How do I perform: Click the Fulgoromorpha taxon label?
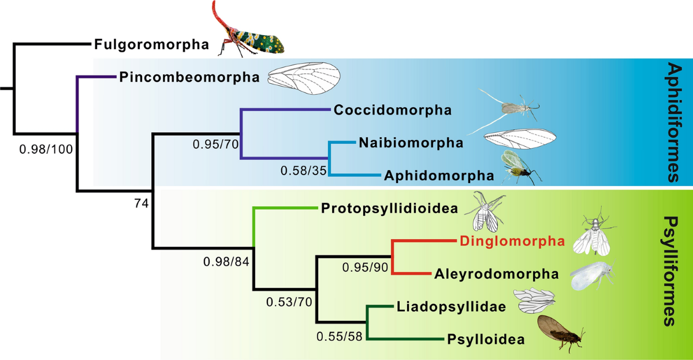(x=151, y=44)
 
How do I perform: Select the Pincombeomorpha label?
(x=189, y=77)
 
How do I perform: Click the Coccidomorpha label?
(x=392, y=110)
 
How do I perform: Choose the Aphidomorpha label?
(x=438, y=175)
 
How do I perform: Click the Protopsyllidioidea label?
(x=390, y=208)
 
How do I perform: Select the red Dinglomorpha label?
(x=511, y=241)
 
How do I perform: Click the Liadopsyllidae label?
(x=451, y=307)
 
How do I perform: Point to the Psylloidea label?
(x=486, y=339)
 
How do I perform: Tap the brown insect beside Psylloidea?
(x=560, y=333)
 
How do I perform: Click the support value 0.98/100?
(x=46, y=150)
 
